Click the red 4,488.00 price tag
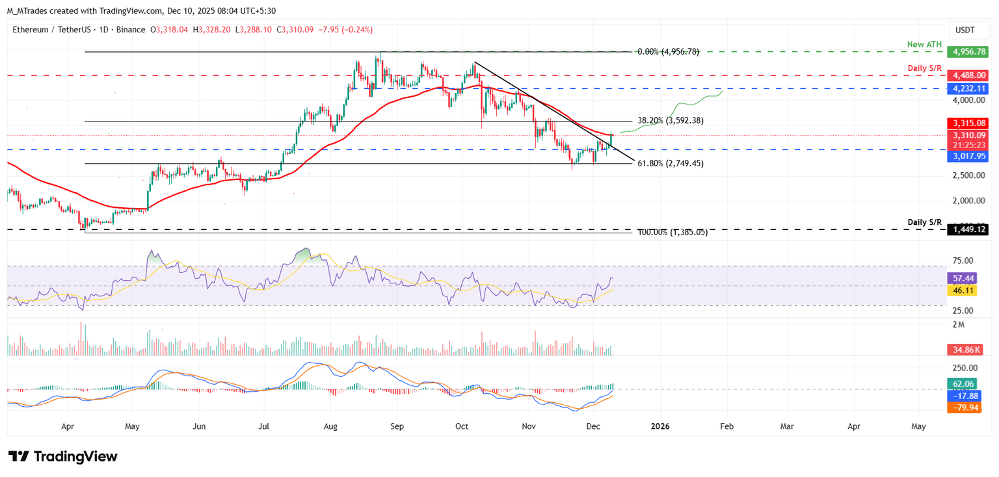(969, 75)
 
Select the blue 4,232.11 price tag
(969, 88)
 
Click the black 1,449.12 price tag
(969, 229)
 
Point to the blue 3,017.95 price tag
(969, 157)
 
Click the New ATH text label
(924, 44)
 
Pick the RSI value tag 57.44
(963, 278)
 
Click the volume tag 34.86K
(965, 350)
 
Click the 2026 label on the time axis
(660, 426)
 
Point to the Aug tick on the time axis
(330, 426)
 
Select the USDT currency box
(965, 30)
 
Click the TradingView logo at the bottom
(62, 456)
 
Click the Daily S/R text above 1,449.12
(924, 222)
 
